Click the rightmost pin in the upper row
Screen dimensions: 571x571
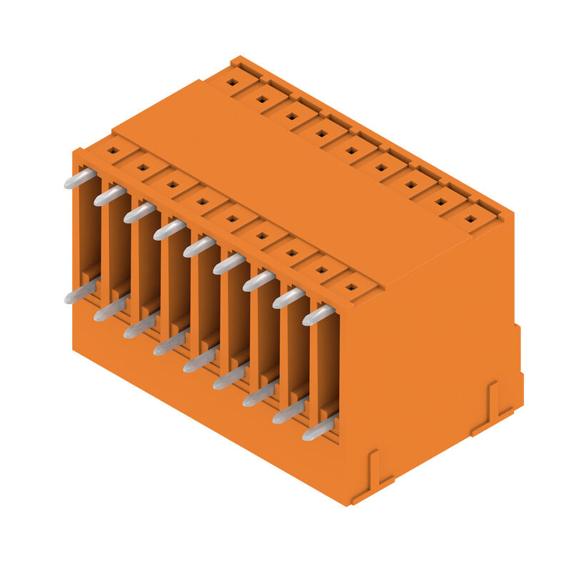tap(318, 315)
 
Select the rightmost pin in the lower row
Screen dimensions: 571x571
tap(318, 429)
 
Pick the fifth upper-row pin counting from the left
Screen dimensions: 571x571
tap(199, 247)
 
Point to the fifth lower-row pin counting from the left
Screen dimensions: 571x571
tap(199, 361)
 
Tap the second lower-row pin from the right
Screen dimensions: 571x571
tap(288, 412)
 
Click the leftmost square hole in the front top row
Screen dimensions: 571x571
tap(113, 151)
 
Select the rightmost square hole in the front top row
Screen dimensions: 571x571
tap(350, 287)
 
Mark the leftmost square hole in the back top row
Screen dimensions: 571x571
tap(232, 82)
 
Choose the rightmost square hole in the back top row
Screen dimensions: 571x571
tap(470, 218)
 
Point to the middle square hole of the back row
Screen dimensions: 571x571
tap(351, 150)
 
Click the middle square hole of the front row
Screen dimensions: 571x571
tap(232, 218)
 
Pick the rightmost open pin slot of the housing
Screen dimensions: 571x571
tap(326, 371)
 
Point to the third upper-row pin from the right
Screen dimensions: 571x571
tap(258, 281)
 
